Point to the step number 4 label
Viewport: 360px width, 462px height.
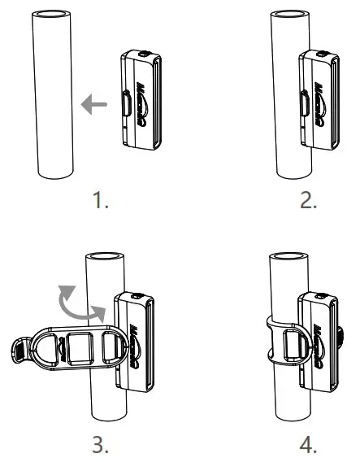coord(309,445)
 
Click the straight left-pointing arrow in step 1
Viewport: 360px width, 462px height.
coord(93,103)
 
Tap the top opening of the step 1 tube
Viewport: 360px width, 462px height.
coord(53,15)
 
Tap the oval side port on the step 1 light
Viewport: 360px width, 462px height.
coord(127,103)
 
